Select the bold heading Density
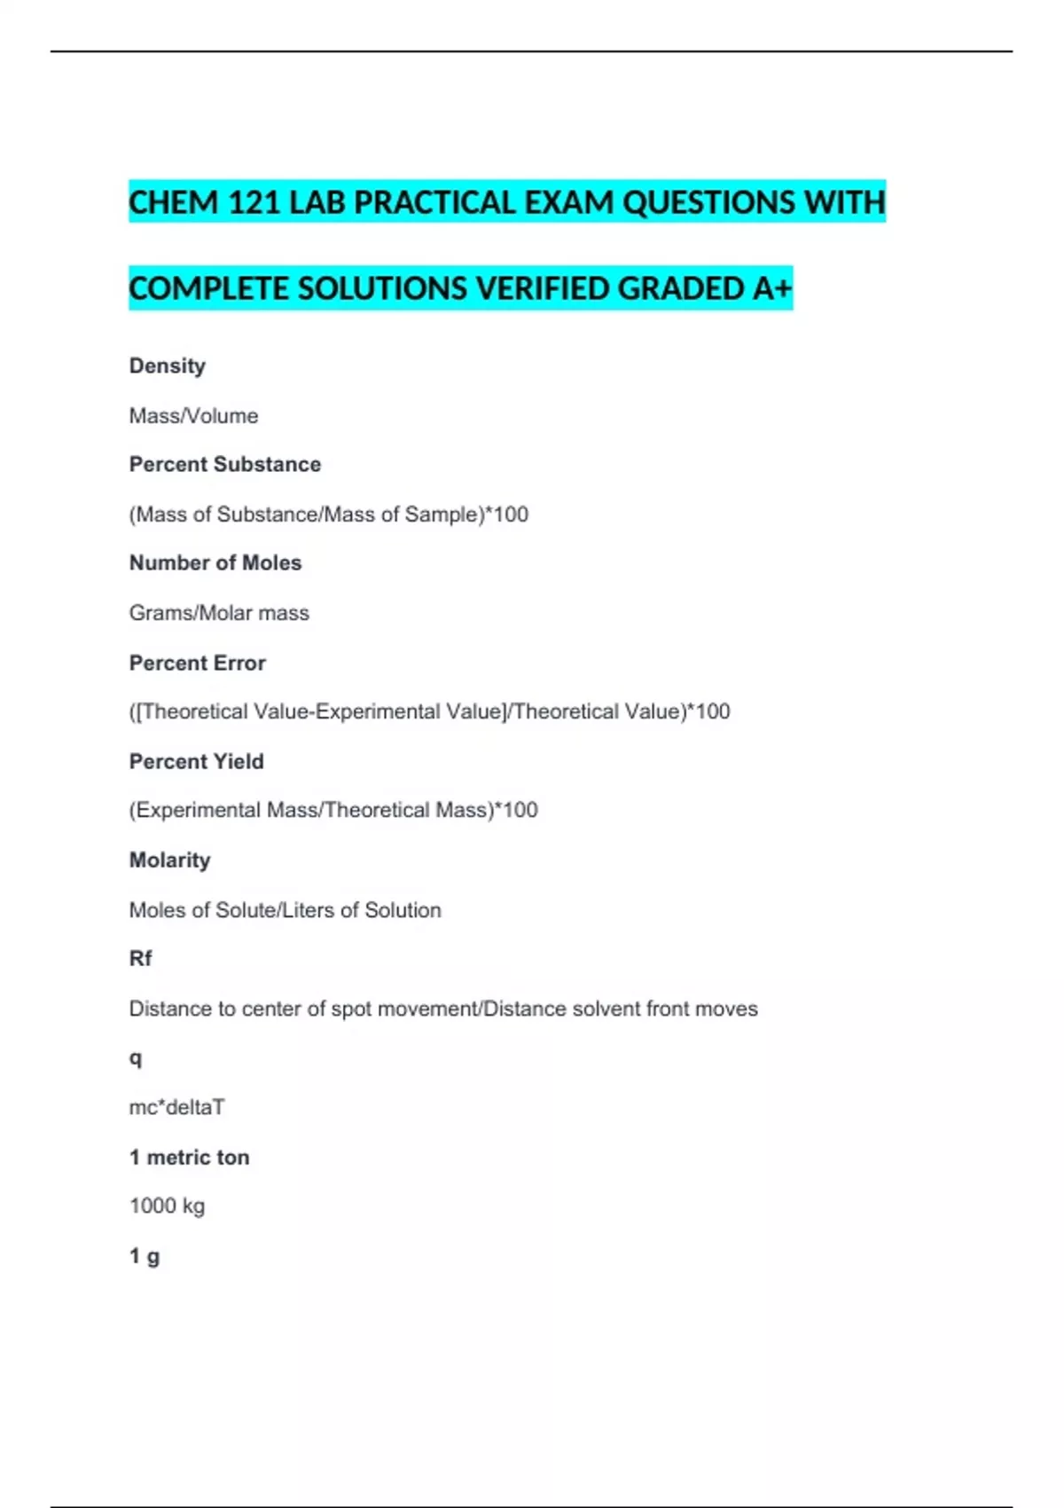click(x=168, y=365)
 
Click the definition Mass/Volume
click(x=193, y=415)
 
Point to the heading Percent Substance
click(x=225, y=464)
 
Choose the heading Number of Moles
click(x=215, y=562)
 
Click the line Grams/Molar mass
click(x=219, y=612)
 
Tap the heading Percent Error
click(x=198, y=663)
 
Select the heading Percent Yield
click(x=197, y=761)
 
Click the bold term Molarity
click(x=170, y=860)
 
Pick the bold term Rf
click(x=141, y=958)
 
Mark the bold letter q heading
click(x=136, y=1057)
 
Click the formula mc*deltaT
click(x=177, y=1107)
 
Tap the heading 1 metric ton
click(x=190, y=1157)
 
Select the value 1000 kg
click(x=167, y=1206)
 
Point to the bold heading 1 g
click(x=145, y=1255)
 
